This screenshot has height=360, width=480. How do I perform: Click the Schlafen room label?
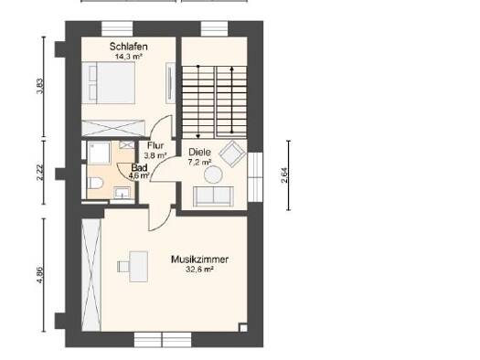pyautogui.click(x=129, y=47)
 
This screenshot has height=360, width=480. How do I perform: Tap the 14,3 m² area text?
pyautogui.click(x=129, y=57)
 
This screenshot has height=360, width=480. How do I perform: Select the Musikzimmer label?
pyautogui.click(x=199, y=259)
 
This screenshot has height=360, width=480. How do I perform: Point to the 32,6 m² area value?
pyautogui.click(x=199, y=270)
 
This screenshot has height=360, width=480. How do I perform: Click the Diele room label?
pyautogui.click(x=199, y=152)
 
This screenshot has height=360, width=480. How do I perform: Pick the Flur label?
pyautogui.click(x=155, y=145)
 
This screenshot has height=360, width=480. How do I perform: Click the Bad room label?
pyautogui.click(x=139, y=167)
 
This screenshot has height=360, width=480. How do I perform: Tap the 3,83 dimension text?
pyautogui.click(x=40, y=87)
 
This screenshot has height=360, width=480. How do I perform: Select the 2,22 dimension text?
pyautogui.click(x=40, y=173)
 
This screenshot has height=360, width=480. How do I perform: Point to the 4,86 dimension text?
pyautogui.click(x=40, y=275)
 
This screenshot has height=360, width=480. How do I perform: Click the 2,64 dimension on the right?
pyautogui.click(x=284, y=175)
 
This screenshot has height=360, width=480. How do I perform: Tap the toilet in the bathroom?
pyautogui.click(x=95, y=183)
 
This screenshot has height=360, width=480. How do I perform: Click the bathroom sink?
pyautogui.click(x=123, y=193)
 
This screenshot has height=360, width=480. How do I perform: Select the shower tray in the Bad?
pyautogui.click(x=99, y=153)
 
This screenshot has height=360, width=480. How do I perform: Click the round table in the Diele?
pyautogui.click(x=213, y=175)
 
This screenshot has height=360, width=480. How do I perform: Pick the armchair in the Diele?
pyautogui.click(x=232, y=154)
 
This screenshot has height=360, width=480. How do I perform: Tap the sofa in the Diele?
pyautogui.click(x=213, y=196)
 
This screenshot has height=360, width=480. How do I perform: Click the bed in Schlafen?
pyautogui.click(x=109, y=82)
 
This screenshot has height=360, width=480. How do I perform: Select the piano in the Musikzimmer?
pyautogui.click(x=134, y=267)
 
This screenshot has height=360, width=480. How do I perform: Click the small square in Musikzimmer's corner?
pyautogui.click(x=243, y=328)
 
